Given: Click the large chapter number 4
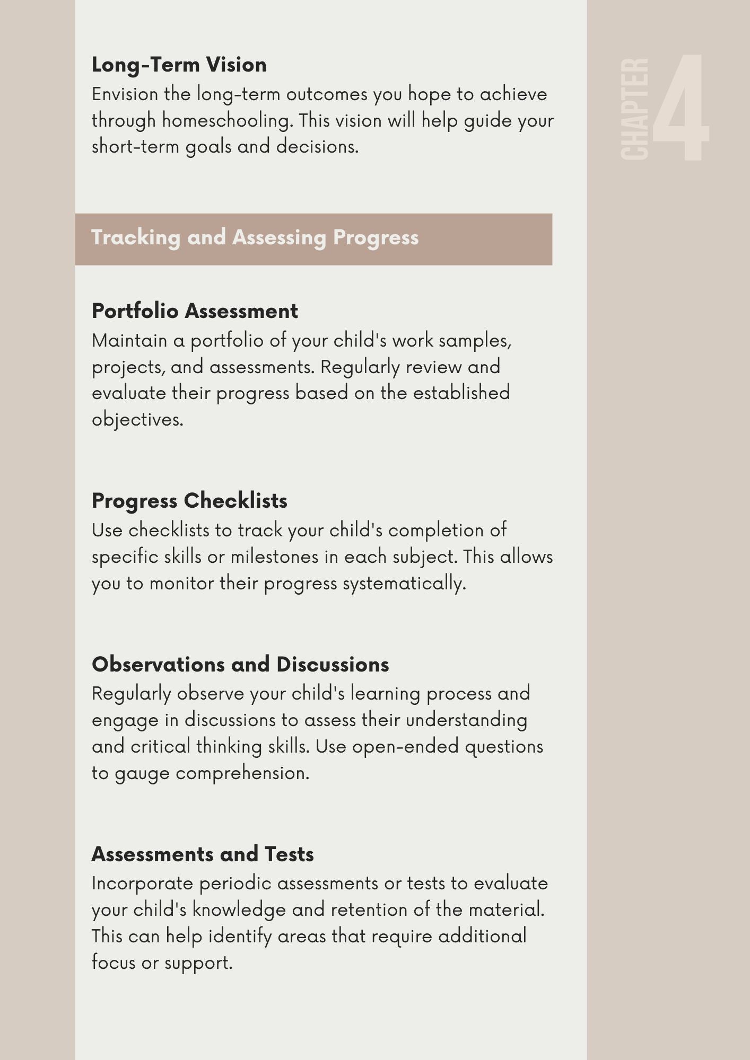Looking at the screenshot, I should [681, 108].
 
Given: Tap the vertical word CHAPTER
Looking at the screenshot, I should [634, 109].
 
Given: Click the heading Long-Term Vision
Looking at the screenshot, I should [179, 65].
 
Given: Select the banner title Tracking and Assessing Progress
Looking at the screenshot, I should [255, 237].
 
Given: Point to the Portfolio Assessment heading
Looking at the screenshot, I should [195, 311].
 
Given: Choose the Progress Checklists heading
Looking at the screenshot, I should [189, 501].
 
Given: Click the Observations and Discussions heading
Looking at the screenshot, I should [240, 665].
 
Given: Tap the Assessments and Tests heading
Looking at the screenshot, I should [203, 854].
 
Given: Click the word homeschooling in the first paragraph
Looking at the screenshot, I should [227, 121].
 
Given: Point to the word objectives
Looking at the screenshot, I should [137, 420].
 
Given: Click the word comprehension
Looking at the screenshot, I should [242, 773].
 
